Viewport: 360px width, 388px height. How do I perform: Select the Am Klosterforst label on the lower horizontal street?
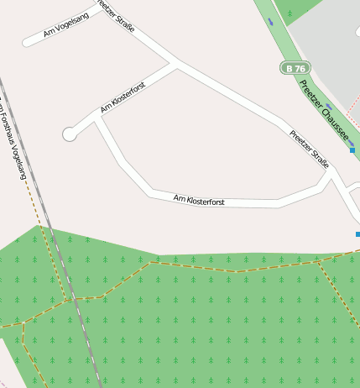pos(199,201)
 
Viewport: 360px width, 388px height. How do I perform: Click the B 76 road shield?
pos(295,67)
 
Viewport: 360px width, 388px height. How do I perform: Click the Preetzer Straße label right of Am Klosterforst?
pos(309,149)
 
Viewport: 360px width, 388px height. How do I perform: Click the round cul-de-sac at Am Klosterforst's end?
pos(70,134)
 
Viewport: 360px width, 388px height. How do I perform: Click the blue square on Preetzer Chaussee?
pos(352,150)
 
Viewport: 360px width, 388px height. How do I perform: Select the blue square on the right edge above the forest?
pos(357,234)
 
